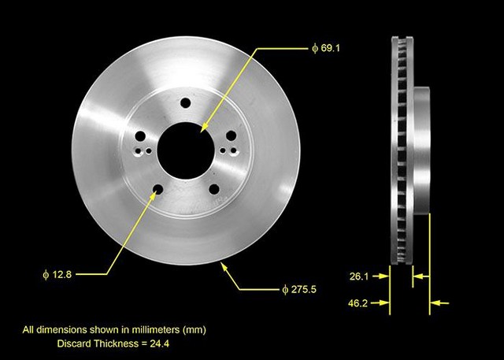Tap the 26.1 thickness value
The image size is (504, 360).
click(x=361, y=276)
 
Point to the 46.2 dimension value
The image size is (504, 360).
click(x=361, y=302)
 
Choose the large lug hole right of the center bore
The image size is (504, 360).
click(x=231, y=135)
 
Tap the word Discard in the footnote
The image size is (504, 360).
click(x=76, y=343)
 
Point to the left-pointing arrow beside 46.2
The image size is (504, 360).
click(x=437, y=302)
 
